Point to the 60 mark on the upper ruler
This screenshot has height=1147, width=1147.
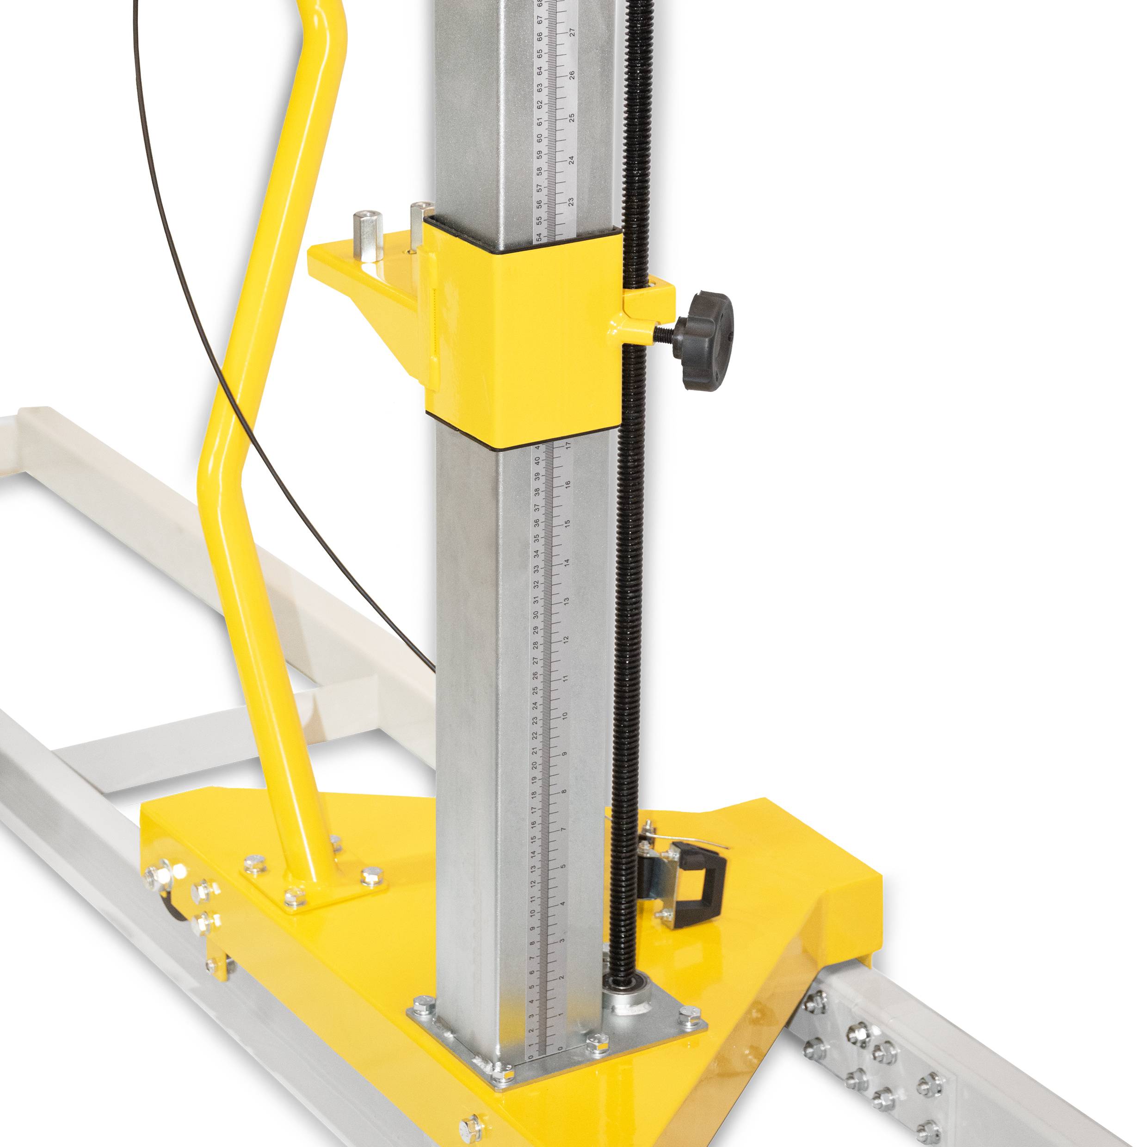[540, 138]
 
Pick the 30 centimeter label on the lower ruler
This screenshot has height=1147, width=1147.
[536, 615]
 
